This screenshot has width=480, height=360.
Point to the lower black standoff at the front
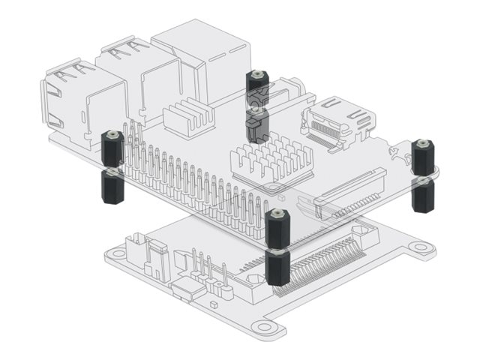277,268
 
